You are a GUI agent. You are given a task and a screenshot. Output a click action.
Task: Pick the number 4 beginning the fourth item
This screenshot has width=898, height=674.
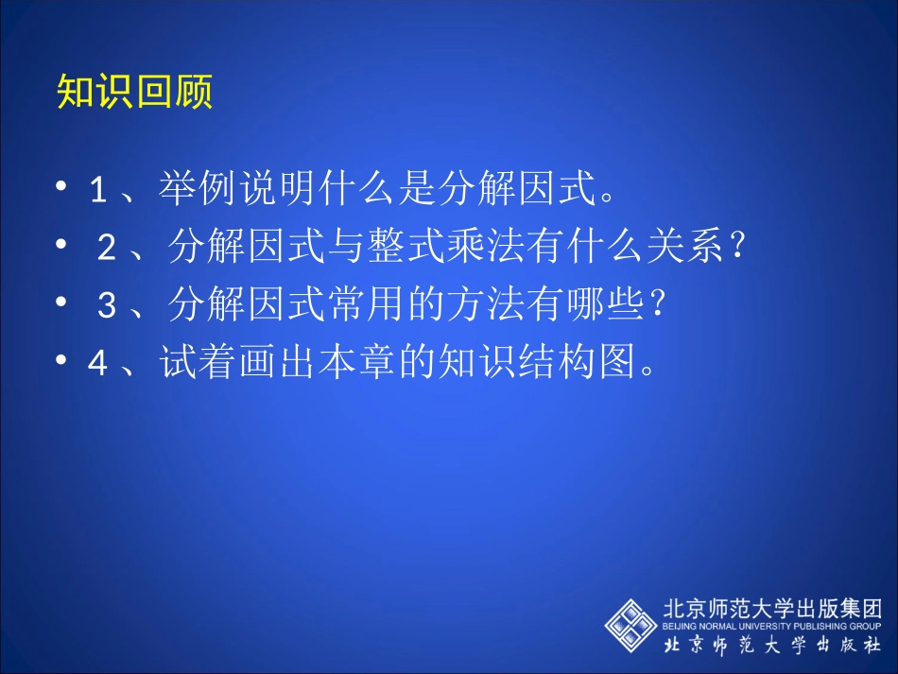pyautogui.click(x=97, y=364)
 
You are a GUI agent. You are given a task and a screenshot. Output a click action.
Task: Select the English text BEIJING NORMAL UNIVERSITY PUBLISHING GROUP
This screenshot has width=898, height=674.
pyautogui.click(x=770, y=626)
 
